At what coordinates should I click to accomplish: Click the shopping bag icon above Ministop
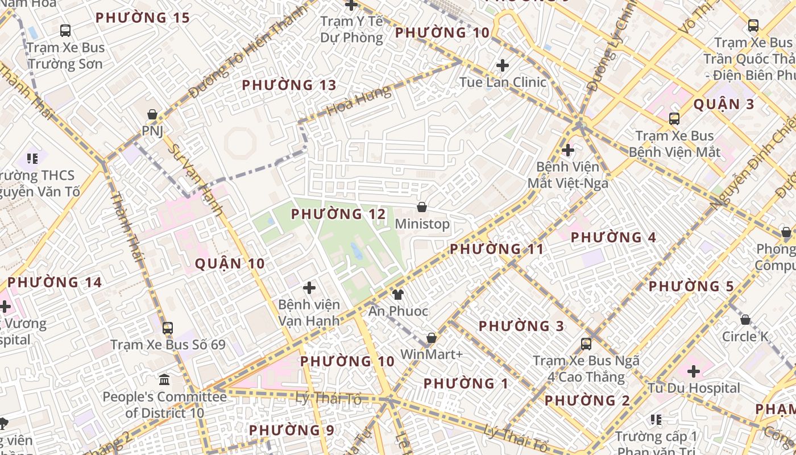(x=422, y=207)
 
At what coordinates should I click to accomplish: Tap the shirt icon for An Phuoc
(x=398, y=294)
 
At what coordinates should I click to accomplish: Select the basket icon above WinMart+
(x=432, y=338)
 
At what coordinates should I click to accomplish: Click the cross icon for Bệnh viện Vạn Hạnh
(x=309, y=288)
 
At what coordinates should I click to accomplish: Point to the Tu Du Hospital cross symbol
(x=694, y=371)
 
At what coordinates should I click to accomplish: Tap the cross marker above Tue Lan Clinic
(x=503, y=65)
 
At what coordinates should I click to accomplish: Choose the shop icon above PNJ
(x=152, y=114)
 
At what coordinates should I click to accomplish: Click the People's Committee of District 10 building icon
(x=164, y=379)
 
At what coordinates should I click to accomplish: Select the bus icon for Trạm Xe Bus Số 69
(x=168, y=328)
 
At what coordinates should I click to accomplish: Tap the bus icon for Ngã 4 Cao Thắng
(x=586, y=344)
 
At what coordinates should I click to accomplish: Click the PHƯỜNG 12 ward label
(x=338, y=214)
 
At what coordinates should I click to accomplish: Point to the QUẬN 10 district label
(x=230, y=264)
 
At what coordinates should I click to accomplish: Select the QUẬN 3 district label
(x=724, y=104)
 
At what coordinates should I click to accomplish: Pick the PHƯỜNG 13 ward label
(x=289, y=85)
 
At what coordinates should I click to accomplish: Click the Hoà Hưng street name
(x=359, y=101)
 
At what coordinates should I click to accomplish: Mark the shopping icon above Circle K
(x=745, y=320)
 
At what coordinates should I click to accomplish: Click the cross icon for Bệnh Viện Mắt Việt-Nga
(x=567, y=150)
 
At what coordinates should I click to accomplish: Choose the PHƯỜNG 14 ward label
(x=55, y=283)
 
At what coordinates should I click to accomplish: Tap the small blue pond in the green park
(x=356, y=250)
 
